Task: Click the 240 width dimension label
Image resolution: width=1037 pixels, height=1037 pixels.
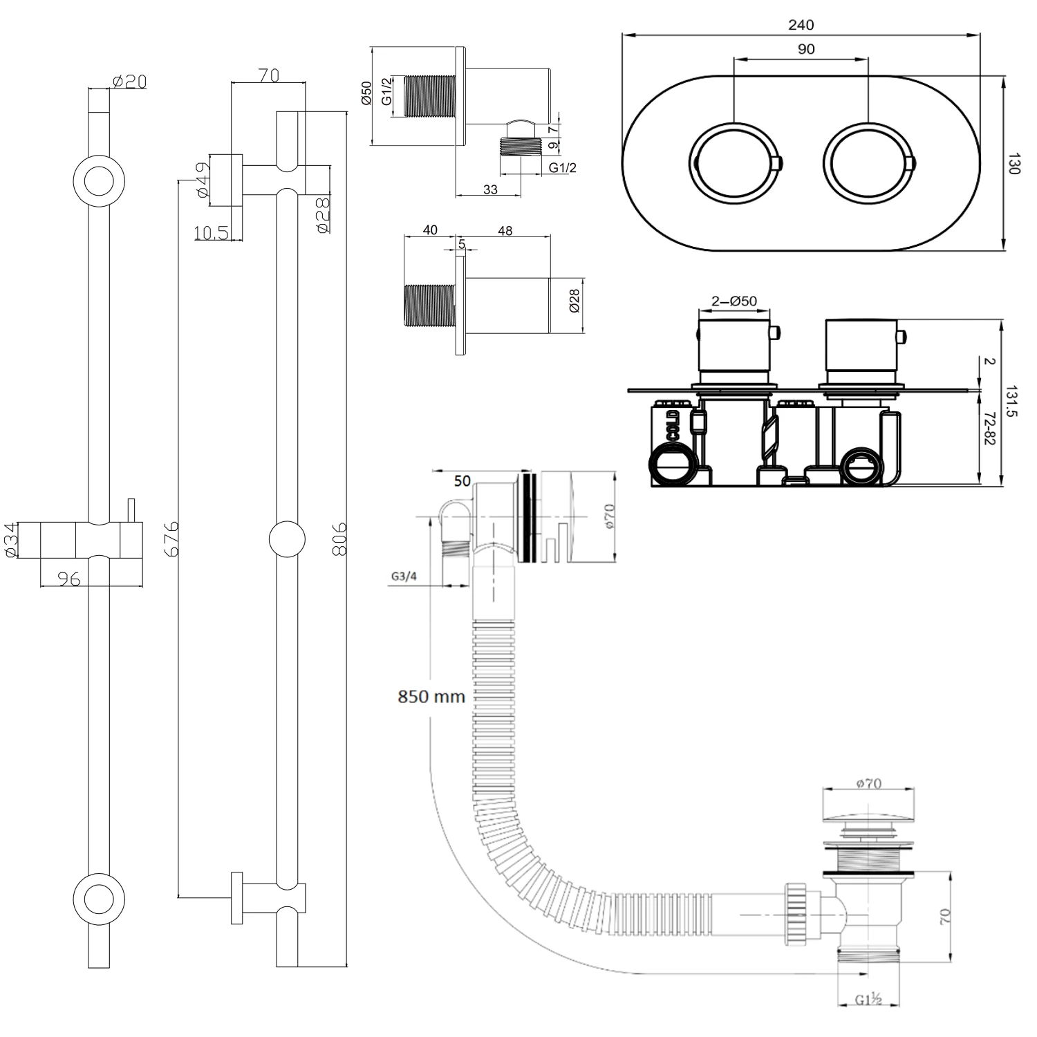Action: coord(801,25)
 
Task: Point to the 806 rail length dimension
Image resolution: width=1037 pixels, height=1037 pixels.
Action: coord(339,539)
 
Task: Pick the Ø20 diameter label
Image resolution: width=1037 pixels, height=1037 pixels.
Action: coord(129,82)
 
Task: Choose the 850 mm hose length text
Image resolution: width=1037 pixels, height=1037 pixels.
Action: coord(431,696)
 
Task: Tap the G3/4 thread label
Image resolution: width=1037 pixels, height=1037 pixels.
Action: coord(404,576)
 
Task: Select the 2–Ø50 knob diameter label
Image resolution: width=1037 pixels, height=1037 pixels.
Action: coord(734,301)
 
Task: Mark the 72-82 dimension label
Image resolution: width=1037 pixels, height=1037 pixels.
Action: coord(989,429)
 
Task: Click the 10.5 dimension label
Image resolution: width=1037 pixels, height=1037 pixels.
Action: coord(211,233)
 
